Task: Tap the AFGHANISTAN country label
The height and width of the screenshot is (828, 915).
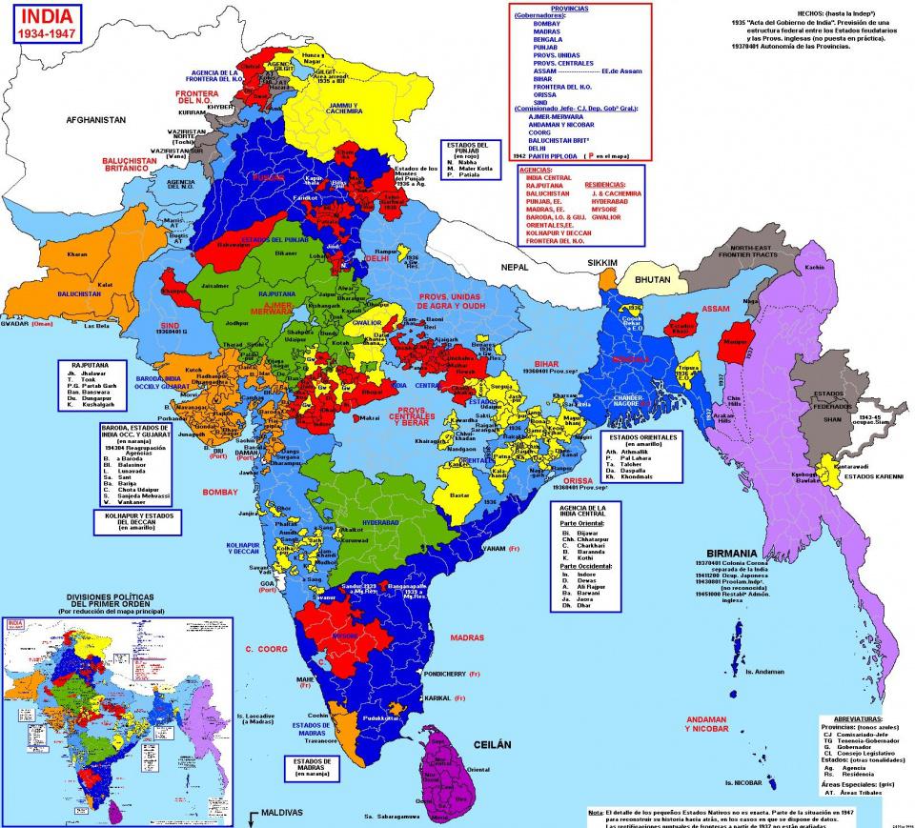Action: point(96,121)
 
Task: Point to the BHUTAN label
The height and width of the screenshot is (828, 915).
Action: point(651,283)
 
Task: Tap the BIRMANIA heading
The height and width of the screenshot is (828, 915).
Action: point(732,552)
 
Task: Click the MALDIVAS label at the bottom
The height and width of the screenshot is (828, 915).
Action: point(277,814)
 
